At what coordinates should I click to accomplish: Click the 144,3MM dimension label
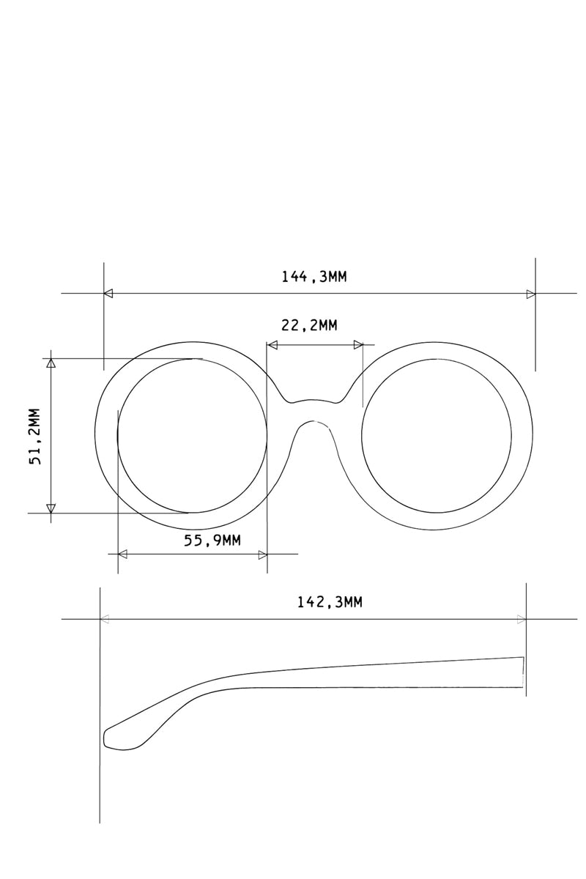314,276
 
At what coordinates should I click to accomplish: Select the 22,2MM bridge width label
309,325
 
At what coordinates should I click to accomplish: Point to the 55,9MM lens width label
212,541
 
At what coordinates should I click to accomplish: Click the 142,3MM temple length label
329,602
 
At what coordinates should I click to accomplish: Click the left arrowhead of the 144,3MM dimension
108,294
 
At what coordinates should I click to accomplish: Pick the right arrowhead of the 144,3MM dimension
530,294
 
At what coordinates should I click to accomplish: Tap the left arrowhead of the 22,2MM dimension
272,344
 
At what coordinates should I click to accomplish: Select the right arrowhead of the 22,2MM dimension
358,344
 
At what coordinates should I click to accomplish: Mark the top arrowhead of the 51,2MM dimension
51,362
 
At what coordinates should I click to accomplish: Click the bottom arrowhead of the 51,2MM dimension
51,508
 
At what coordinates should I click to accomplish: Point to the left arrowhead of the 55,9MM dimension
122,554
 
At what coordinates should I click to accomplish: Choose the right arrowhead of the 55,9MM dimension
262,554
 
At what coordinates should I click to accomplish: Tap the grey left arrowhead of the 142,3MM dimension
105,619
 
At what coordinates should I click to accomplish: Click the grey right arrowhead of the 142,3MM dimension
522,619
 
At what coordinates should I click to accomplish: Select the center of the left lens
192,436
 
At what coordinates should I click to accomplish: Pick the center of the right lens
437,436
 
